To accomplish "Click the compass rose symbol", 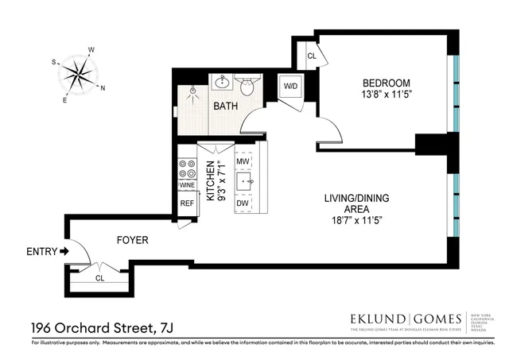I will (x=79, y=75).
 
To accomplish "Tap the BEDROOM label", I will (x=387, y=83).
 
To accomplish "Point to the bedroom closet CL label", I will (x=311, y=56).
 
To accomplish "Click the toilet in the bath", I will (x=247, y=86).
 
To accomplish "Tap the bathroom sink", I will (x=222, y=83).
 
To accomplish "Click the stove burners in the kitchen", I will (x=188, y=168).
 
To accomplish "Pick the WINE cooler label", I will (x=188, y=185).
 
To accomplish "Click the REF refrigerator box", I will (x=187, y=203).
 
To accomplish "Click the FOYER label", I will (x=132, y=238).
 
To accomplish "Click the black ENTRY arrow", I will (x=65, y=252).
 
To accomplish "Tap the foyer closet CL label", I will (x=99, y=278).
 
